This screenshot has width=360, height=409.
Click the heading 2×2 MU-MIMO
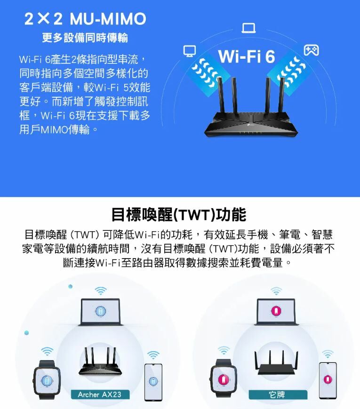click(85, 19)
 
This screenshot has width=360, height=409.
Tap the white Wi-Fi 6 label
click(247, 56)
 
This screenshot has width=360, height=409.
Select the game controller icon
click(311, 49)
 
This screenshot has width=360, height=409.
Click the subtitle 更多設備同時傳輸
click(85, 38)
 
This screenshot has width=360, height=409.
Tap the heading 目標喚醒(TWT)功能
click(178, 215)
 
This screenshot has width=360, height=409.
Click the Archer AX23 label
click(99, 394)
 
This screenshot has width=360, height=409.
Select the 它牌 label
click(278, 394)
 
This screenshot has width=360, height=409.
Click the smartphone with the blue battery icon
click(153, 381)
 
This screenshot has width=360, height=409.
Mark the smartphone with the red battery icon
click(328, 380)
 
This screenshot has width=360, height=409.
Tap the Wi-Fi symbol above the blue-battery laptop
click(100, 290)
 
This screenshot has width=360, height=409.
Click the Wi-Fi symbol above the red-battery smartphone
click(328, 353)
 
